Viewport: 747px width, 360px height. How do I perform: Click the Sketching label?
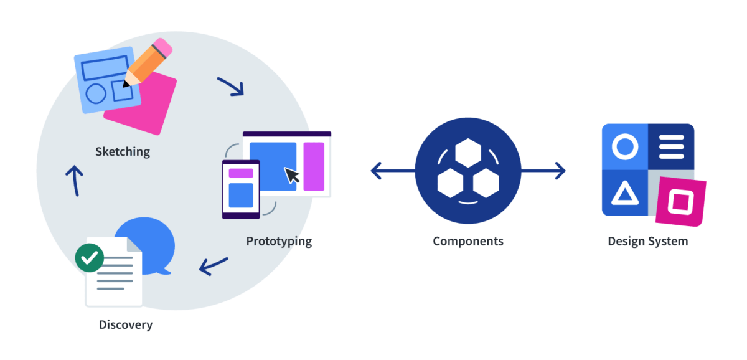tap(123, 151)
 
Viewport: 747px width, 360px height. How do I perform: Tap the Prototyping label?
tap(279, 241)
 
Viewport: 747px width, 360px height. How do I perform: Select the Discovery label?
tap(125, 324)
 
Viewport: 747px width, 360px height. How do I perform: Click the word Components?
tap(468, 241)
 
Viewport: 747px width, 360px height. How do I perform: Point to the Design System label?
tap(648, 241)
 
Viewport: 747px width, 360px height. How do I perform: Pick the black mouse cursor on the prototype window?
tap(291, 176)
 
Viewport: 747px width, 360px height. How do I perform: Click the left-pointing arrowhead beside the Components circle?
tap(376, 171)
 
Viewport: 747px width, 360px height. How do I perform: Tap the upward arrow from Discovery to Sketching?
tap(74, 181)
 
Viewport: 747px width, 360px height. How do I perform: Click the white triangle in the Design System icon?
tap(624, 194)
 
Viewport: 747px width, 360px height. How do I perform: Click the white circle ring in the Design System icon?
tap(625, 147)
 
